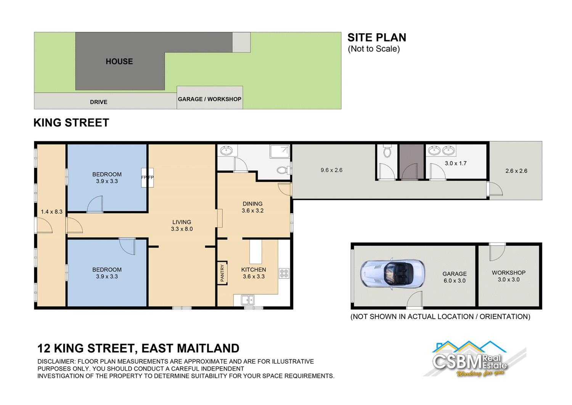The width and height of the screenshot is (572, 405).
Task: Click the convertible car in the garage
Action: tap(393, 274)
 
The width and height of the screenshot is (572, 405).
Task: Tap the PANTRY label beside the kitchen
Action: tap(222, 273)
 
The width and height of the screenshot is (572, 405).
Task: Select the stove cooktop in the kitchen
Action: tap(284, 273)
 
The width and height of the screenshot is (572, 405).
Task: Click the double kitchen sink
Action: tap(247, 300)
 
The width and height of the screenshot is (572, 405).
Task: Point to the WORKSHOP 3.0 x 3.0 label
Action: tap(508, 276)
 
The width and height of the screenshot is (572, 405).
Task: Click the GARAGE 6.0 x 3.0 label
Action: tap(454, 277)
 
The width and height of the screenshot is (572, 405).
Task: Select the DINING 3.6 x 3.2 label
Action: tap(252, 207)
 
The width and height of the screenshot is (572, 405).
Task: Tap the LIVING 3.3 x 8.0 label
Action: tap(182, 225)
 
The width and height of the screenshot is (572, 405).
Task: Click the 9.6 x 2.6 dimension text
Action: tap(331, 170)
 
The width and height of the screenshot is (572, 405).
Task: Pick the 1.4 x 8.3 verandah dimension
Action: tap(51, 212)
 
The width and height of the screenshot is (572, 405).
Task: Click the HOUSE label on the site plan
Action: tap(119, 62)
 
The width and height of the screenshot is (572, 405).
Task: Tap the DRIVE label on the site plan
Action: tap(98, 102)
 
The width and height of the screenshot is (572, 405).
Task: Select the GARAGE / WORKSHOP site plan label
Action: tap(209, 99)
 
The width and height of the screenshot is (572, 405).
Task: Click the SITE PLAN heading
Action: tap(376, 37)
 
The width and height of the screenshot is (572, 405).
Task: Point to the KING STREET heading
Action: tap(71, 123)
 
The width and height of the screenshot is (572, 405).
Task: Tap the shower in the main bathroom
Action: tap(280, 151)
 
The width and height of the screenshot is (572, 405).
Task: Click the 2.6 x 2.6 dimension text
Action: tap(516, 171)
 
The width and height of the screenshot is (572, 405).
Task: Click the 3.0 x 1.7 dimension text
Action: tap(455, 163)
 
